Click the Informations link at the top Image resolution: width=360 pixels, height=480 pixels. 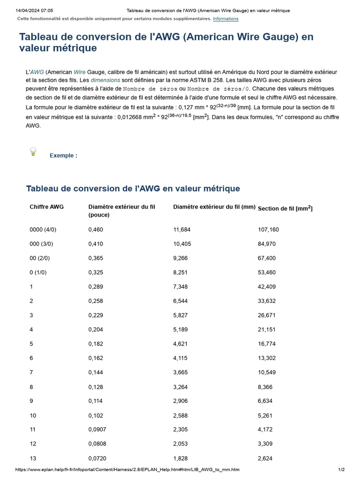225,19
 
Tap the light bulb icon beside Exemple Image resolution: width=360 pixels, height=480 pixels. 33,151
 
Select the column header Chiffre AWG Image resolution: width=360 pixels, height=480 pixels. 47,206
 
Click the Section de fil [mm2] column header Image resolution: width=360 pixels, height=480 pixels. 285,208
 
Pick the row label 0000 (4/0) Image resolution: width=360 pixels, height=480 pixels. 43,230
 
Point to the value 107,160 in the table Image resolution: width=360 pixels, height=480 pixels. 268,230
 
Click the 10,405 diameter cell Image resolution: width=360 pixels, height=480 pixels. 182,244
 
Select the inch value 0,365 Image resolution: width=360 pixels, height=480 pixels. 96,258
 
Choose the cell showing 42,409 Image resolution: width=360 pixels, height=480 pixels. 267,287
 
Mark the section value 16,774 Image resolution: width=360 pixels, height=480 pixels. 267,344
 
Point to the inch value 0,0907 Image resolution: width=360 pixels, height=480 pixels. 97,429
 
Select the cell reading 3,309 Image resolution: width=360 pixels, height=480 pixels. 265,444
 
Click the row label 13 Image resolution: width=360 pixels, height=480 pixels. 33,458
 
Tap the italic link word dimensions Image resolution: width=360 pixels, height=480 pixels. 105,80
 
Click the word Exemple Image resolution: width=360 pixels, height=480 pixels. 63,156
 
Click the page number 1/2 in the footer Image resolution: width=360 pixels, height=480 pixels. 342,470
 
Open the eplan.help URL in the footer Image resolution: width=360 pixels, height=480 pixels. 127,470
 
